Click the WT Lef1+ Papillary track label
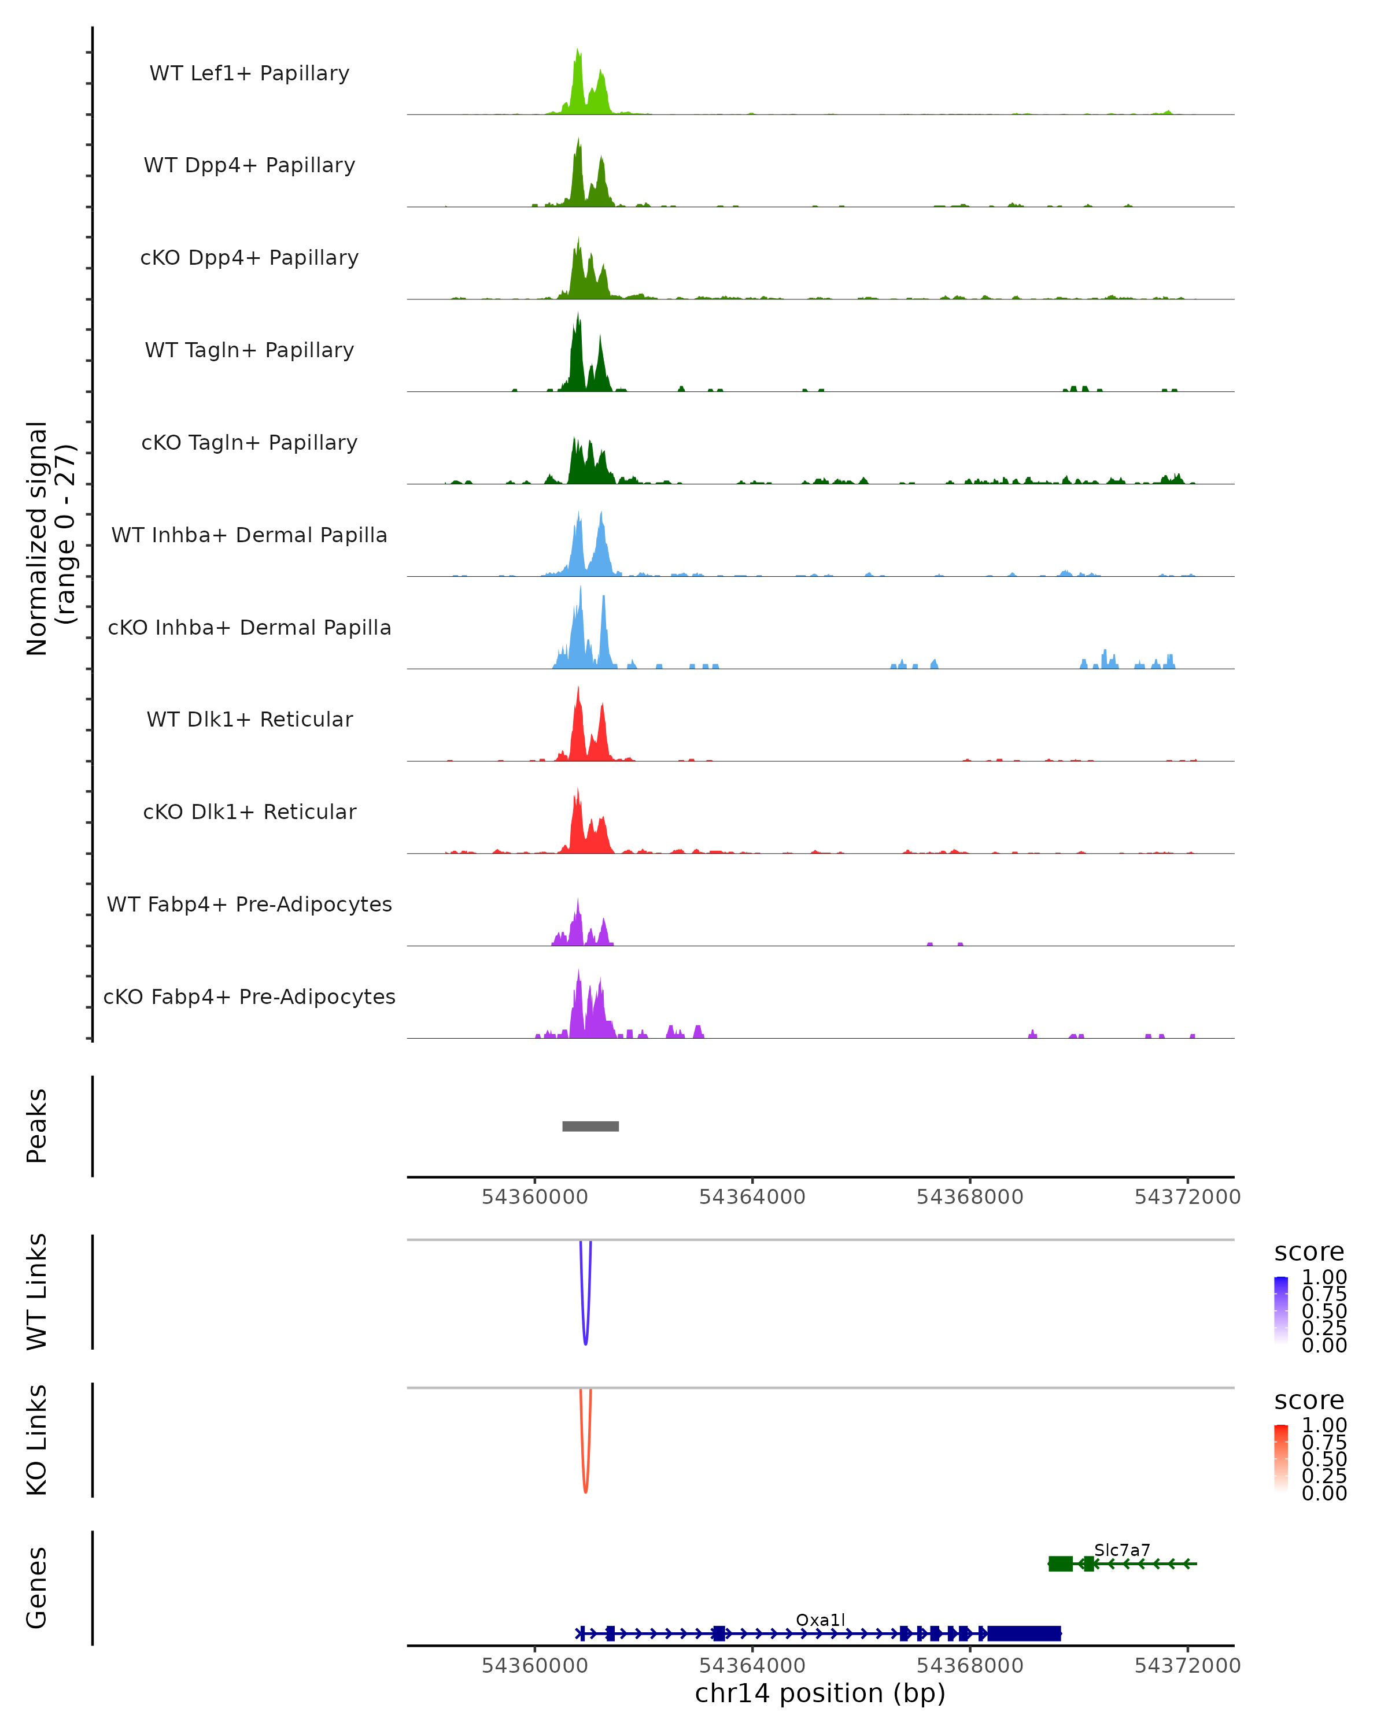click(x=249, y=73)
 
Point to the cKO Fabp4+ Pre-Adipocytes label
click(x=249, y=996)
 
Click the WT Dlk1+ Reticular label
click(x=249, y=719)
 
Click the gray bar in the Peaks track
click(x=590, y=1126)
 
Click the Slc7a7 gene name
click(x=1121, y=1550)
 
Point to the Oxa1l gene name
click(x=820, y=1620)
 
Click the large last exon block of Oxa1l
click(x=1024, y=1633)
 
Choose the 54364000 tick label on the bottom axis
click(x=752, y=1666)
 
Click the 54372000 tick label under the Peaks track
click(x=1187, y=1197)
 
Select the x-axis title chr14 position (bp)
click(x=820, y=1694)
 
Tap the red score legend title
click(x=1309, y=1400)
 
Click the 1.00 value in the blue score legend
click(x=1324, y=1277)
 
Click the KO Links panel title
click(x=36, y=1440)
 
